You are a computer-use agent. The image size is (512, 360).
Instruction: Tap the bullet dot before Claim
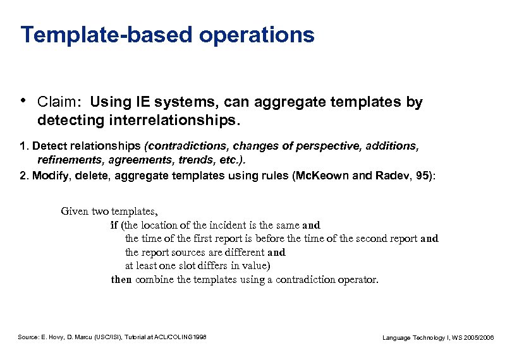point(23,100)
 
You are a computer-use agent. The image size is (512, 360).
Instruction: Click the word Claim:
point(60,102)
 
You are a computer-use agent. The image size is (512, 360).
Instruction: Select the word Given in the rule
point(75,212)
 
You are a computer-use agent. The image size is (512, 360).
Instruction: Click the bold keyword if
point(114,225)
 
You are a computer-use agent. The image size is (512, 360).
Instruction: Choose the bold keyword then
point(122,279)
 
